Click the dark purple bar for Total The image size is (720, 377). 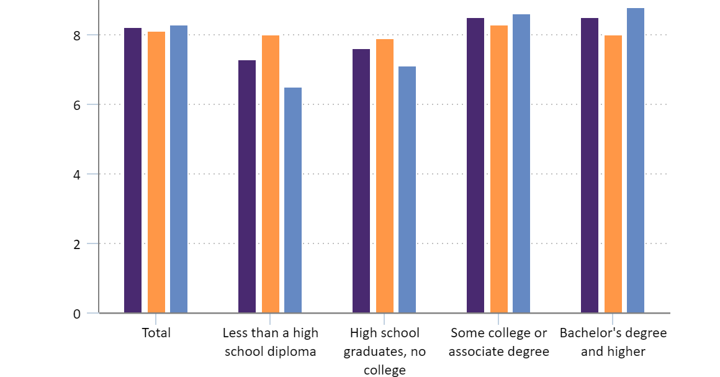tap(133, 170)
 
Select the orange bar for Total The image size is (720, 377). tap(156, 172)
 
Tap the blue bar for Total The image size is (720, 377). tap(179, 169)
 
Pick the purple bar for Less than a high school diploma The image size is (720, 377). tap(247, 186)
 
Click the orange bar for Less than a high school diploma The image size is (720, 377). tap(271, 174)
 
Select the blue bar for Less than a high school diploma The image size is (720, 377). tap(293, 200)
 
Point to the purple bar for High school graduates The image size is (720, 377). tap(361, 181)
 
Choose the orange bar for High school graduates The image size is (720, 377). tap(385, 176)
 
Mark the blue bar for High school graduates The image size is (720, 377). tap(407, 189)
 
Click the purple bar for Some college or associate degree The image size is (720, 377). tap(475, 165)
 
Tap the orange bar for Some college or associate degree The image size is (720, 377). tap(499, 169)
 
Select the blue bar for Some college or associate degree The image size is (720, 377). tap(521, 163)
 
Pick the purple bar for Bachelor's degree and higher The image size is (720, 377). tap(590, 165)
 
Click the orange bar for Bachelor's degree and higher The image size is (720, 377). tap(613, 174)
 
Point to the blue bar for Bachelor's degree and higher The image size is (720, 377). tap(636, 160)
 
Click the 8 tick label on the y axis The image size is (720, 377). tap(77, 35)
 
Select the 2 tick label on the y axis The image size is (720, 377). tap(77, 244)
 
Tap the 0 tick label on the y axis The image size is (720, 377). tap(77, 314)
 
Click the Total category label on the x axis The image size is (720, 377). tap(156, 333)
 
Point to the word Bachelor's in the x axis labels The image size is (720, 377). tap(585, 333)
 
